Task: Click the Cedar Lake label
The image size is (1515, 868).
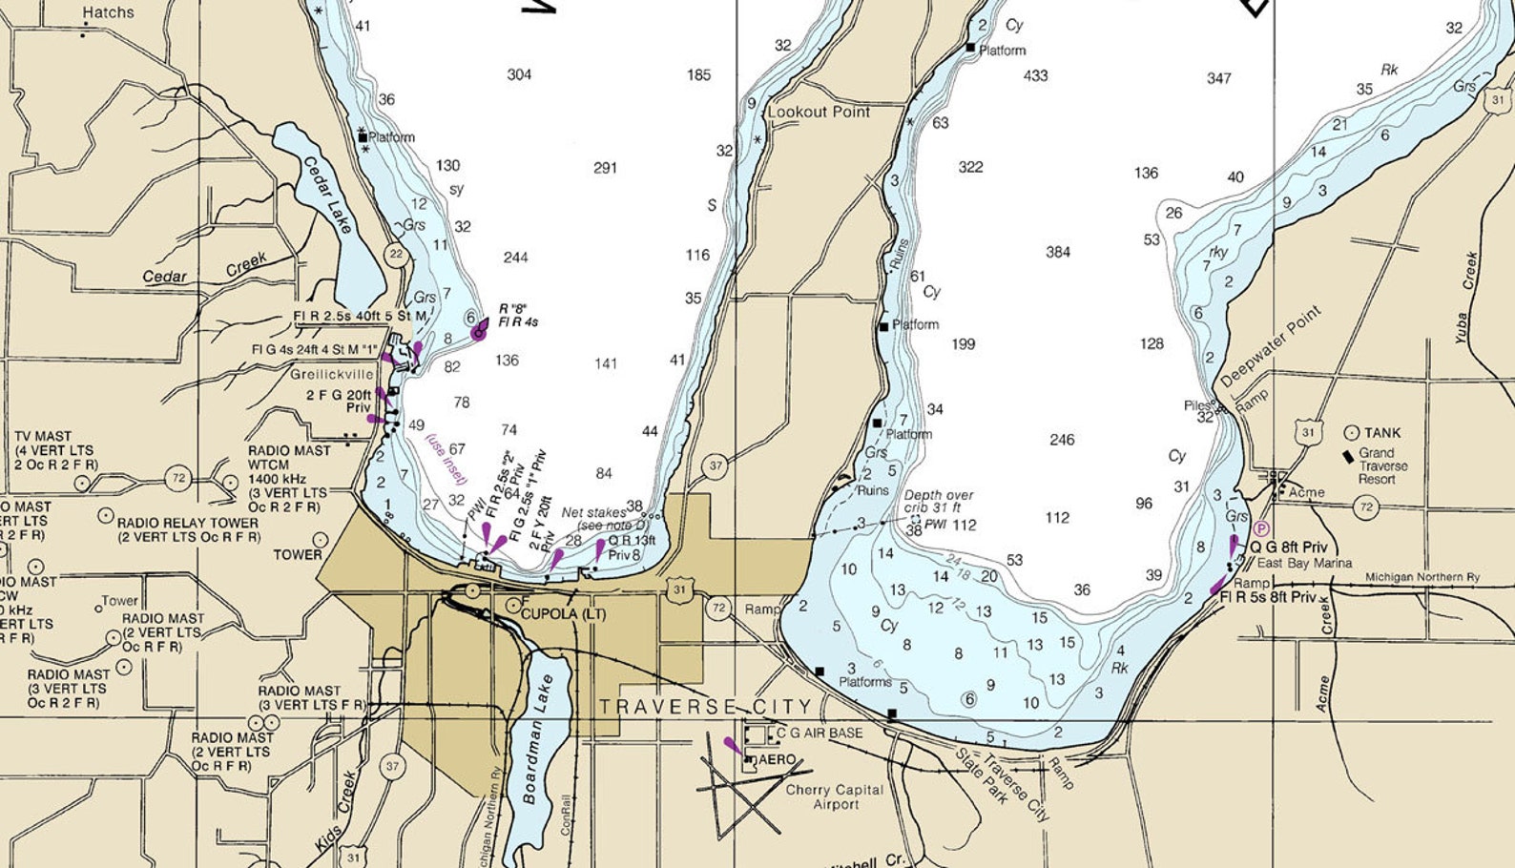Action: tap(327, 195)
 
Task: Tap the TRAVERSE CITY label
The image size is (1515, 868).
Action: tap(705, 707)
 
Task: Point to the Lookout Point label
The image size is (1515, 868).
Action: tap(819, 112)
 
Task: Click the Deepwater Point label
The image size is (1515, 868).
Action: tap(1271, 345)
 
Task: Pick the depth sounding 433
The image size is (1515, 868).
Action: tap(1035, 75)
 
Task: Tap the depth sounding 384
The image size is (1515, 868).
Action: tap(1057, 252)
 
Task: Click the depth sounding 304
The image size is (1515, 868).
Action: tap(519, 74)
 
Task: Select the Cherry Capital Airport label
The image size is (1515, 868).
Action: tap(835, 797)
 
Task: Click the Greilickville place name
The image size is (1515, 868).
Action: tap(332, 374)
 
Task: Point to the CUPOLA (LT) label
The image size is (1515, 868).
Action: tap(563, 613)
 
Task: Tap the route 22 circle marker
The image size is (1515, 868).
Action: tap(396, 254)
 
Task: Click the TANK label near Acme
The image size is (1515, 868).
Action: tap(1382, 432)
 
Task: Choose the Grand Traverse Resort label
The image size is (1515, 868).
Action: tap(1382, 465)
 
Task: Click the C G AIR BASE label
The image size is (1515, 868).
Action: tap(819, 733)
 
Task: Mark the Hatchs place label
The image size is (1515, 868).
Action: tap(108, 12)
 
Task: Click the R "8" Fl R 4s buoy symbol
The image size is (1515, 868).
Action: tap(479, 331)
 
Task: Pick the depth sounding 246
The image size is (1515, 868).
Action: tap(1062, 440)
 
